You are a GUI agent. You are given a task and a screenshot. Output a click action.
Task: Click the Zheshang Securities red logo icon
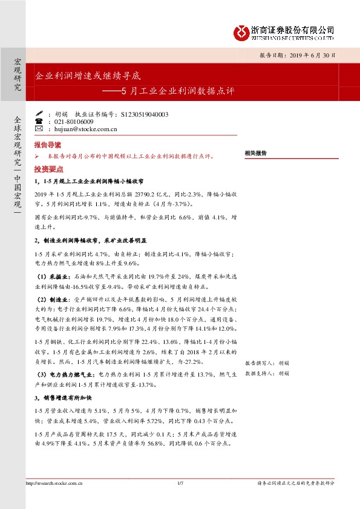click(242, 31)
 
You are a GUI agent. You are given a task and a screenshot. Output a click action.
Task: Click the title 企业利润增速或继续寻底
click(88, 77)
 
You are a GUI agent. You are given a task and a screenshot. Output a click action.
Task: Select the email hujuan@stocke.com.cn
click(85, 129)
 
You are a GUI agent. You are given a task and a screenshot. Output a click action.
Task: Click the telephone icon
click(40, 122)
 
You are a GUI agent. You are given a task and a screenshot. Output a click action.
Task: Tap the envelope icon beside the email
click(40, 129)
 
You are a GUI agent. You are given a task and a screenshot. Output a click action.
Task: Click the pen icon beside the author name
click(40, 114)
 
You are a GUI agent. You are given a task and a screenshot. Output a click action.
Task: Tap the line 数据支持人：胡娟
click(267, 374)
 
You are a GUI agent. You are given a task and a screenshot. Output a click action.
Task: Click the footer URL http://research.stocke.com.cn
click(54, 483)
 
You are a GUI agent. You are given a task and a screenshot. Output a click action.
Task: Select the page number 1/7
click(180, 483)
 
